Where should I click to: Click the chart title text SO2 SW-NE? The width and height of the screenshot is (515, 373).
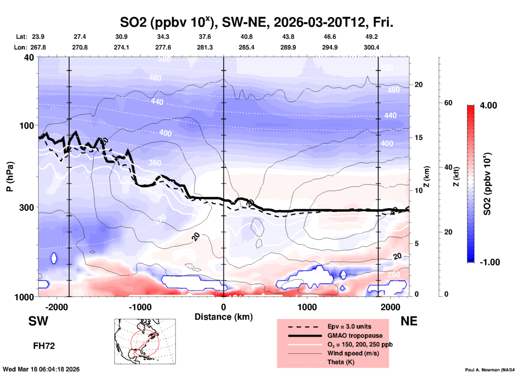point(256,22)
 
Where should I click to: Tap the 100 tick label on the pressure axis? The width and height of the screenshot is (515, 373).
point(27,125)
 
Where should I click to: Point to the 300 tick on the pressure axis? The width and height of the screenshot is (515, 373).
point(27,207)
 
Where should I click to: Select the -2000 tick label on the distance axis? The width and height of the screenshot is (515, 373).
point(56,307)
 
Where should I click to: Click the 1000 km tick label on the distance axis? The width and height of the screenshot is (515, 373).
point(307,307)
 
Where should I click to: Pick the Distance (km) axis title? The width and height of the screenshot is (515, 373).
point(224,317)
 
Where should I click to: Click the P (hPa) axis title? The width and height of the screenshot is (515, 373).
point(10,177)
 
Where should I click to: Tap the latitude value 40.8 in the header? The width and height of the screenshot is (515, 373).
point(246,37)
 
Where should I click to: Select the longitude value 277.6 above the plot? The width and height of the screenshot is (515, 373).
point(163,47)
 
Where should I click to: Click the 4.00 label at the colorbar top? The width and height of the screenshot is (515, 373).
point(488,105)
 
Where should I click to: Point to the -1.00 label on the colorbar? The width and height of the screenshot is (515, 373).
point(490,262)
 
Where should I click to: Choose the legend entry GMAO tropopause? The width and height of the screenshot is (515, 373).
point(355,336)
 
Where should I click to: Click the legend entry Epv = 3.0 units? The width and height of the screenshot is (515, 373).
point(349,326)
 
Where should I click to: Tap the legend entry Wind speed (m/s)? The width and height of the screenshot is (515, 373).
point(353,353)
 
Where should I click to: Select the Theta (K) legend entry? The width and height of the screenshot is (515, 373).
point(341,362)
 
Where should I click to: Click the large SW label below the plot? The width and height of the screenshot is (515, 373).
point(38,321)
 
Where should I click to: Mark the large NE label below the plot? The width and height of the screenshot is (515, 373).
point(409,321)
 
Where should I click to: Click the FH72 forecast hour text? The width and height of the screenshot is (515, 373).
point(44,346)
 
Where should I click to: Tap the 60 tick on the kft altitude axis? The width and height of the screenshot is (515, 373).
point(448,103)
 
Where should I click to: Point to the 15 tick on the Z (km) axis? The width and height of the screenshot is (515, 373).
point(418,138)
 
